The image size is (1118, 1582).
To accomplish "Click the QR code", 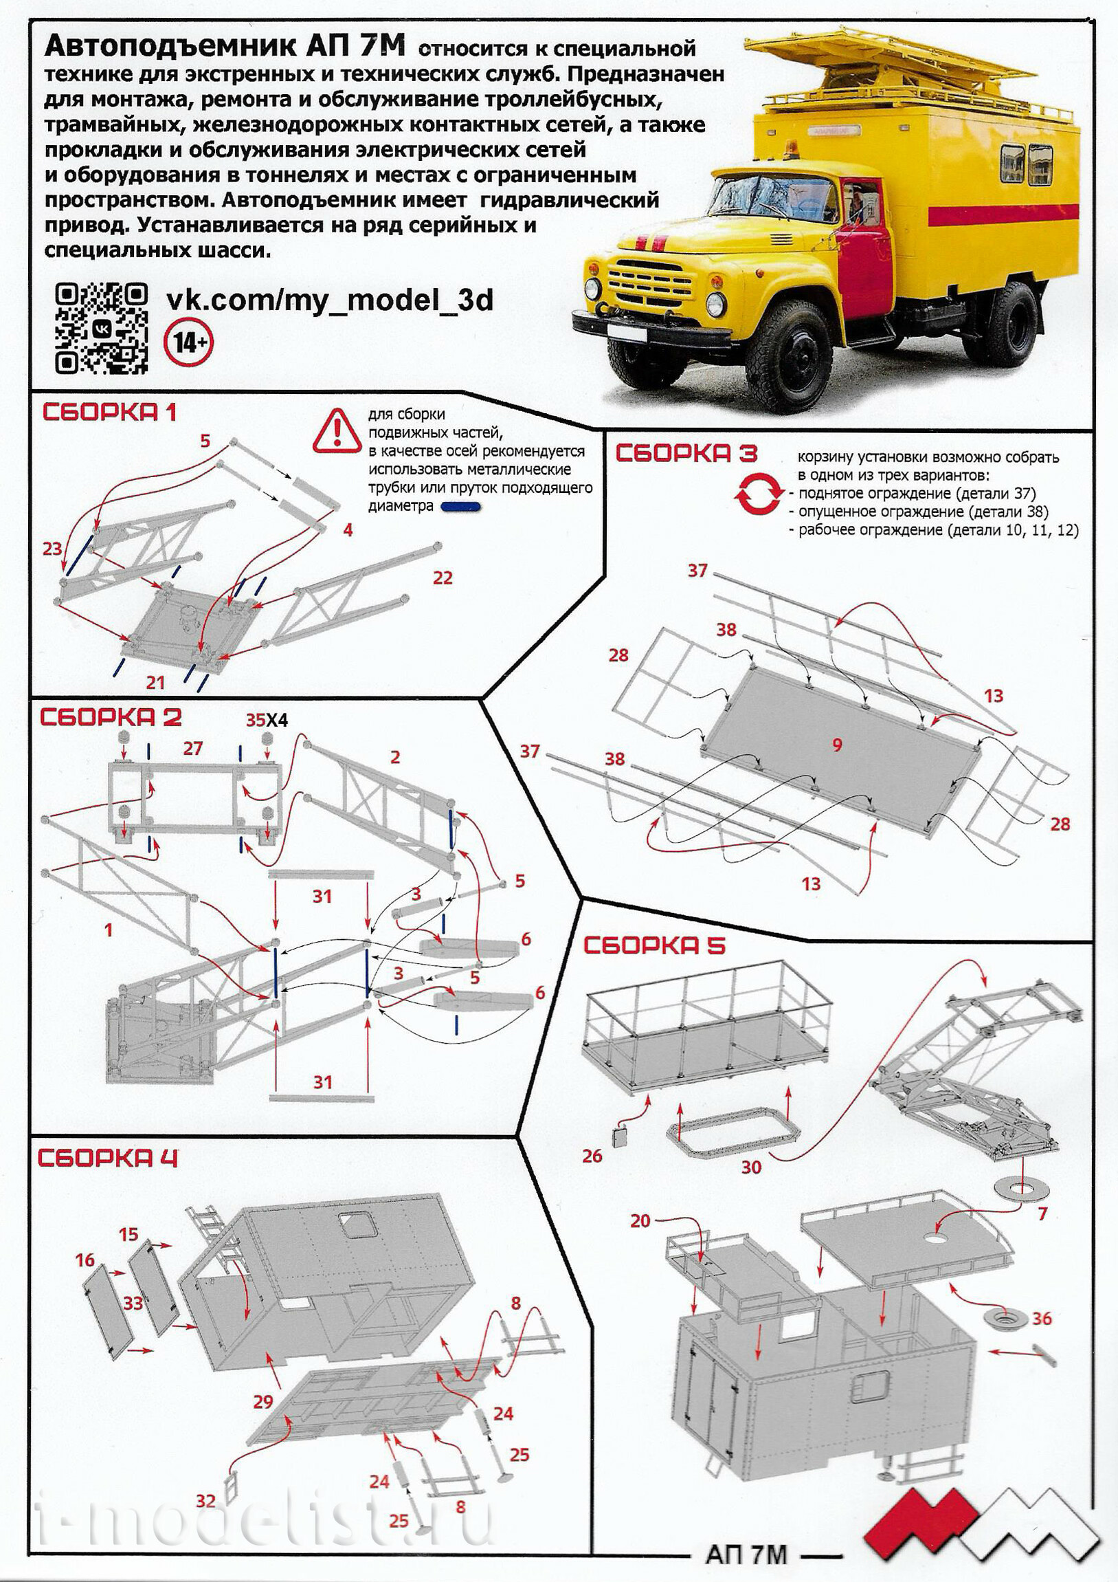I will click(100, 328).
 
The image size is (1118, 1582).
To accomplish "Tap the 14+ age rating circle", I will click(188, 342).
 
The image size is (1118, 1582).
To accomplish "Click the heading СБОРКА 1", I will click(109, 412).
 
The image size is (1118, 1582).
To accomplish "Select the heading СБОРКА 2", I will click(110, 717).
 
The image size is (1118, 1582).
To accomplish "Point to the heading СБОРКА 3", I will click(686, 453).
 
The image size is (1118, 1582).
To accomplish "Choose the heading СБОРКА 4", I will click(107, 1158).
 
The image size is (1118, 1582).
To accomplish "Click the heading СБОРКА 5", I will click(654, 946).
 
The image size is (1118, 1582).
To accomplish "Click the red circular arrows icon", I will click(759, 495).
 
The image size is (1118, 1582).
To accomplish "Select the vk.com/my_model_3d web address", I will click(330, 300).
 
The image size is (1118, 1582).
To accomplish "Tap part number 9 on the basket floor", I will click(837, 744).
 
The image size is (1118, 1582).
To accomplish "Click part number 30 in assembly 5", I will click(751, 1167).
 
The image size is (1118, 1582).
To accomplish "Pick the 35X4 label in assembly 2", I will click(267, 720).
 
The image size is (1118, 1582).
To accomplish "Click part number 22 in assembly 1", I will click(443, 578).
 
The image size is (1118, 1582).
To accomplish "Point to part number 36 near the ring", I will click(1042, 1318).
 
